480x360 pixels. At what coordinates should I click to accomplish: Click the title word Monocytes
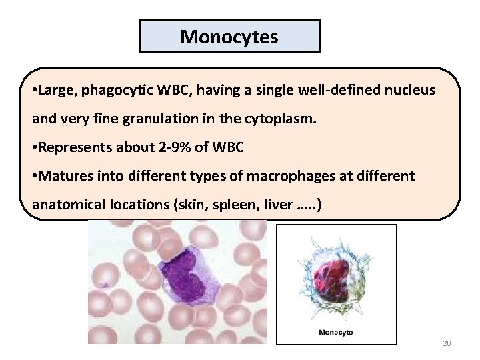click(229, 36)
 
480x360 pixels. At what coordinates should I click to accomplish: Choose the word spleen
click(231, 205)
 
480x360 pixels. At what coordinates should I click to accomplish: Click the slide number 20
click(447, 343)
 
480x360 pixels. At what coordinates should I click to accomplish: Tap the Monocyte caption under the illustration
click(336, 332)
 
